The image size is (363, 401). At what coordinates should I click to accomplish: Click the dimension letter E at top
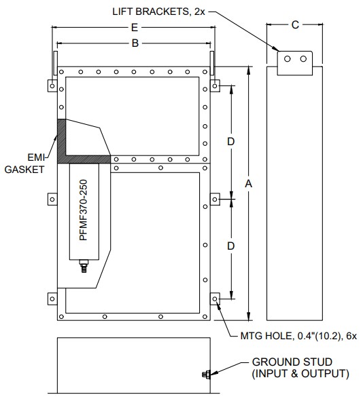135,27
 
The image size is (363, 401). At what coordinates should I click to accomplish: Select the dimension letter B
135,43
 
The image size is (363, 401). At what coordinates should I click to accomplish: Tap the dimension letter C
295,25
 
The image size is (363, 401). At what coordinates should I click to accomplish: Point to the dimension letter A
249,184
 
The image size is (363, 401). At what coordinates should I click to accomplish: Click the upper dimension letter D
231,141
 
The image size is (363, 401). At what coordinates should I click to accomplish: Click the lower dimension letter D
231,246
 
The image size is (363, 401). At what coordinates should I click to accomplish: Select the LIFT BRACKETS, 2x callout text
158,12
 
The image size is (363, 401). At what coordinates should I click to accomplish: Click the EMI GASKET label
24,164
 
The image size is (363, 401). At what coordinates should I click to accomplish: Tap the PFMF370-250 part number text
84,210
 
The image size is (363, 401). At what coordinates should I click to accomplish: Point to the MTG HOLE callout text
298,336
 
